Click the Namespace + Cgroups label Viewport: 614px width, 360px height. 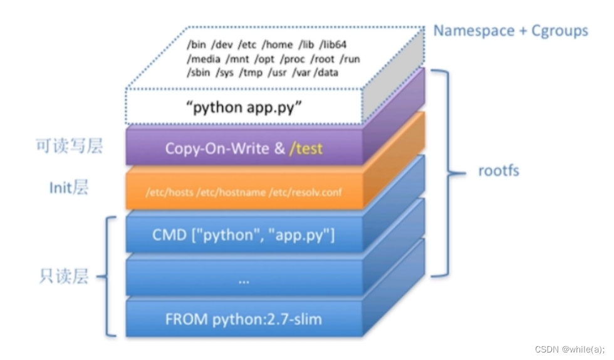511,30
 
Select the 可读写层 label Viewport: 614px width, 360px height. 69,147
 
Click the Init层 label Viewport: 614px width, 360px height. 69,188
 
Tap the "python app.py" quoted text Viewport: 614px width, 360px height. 244,107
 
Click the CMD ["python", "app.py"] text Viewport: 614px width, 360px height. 244,235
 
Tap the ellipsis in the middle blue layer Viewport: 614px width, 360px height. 244,281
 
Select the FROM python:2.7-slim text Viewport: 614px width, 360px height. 244,319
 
